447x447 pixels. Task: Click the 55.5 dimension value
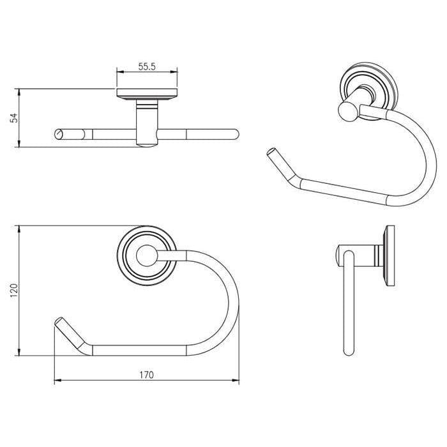(146, 66)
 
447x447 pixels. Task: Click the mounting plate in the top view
(146, 96)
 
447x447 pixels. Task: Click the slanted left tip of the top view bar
(59, 134)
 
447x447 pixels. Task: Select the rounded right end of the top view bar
(234, 134)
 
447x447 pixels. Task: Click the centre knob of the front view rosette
(146, 255)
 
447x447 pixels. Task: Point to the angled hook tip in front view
(61, 326)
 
